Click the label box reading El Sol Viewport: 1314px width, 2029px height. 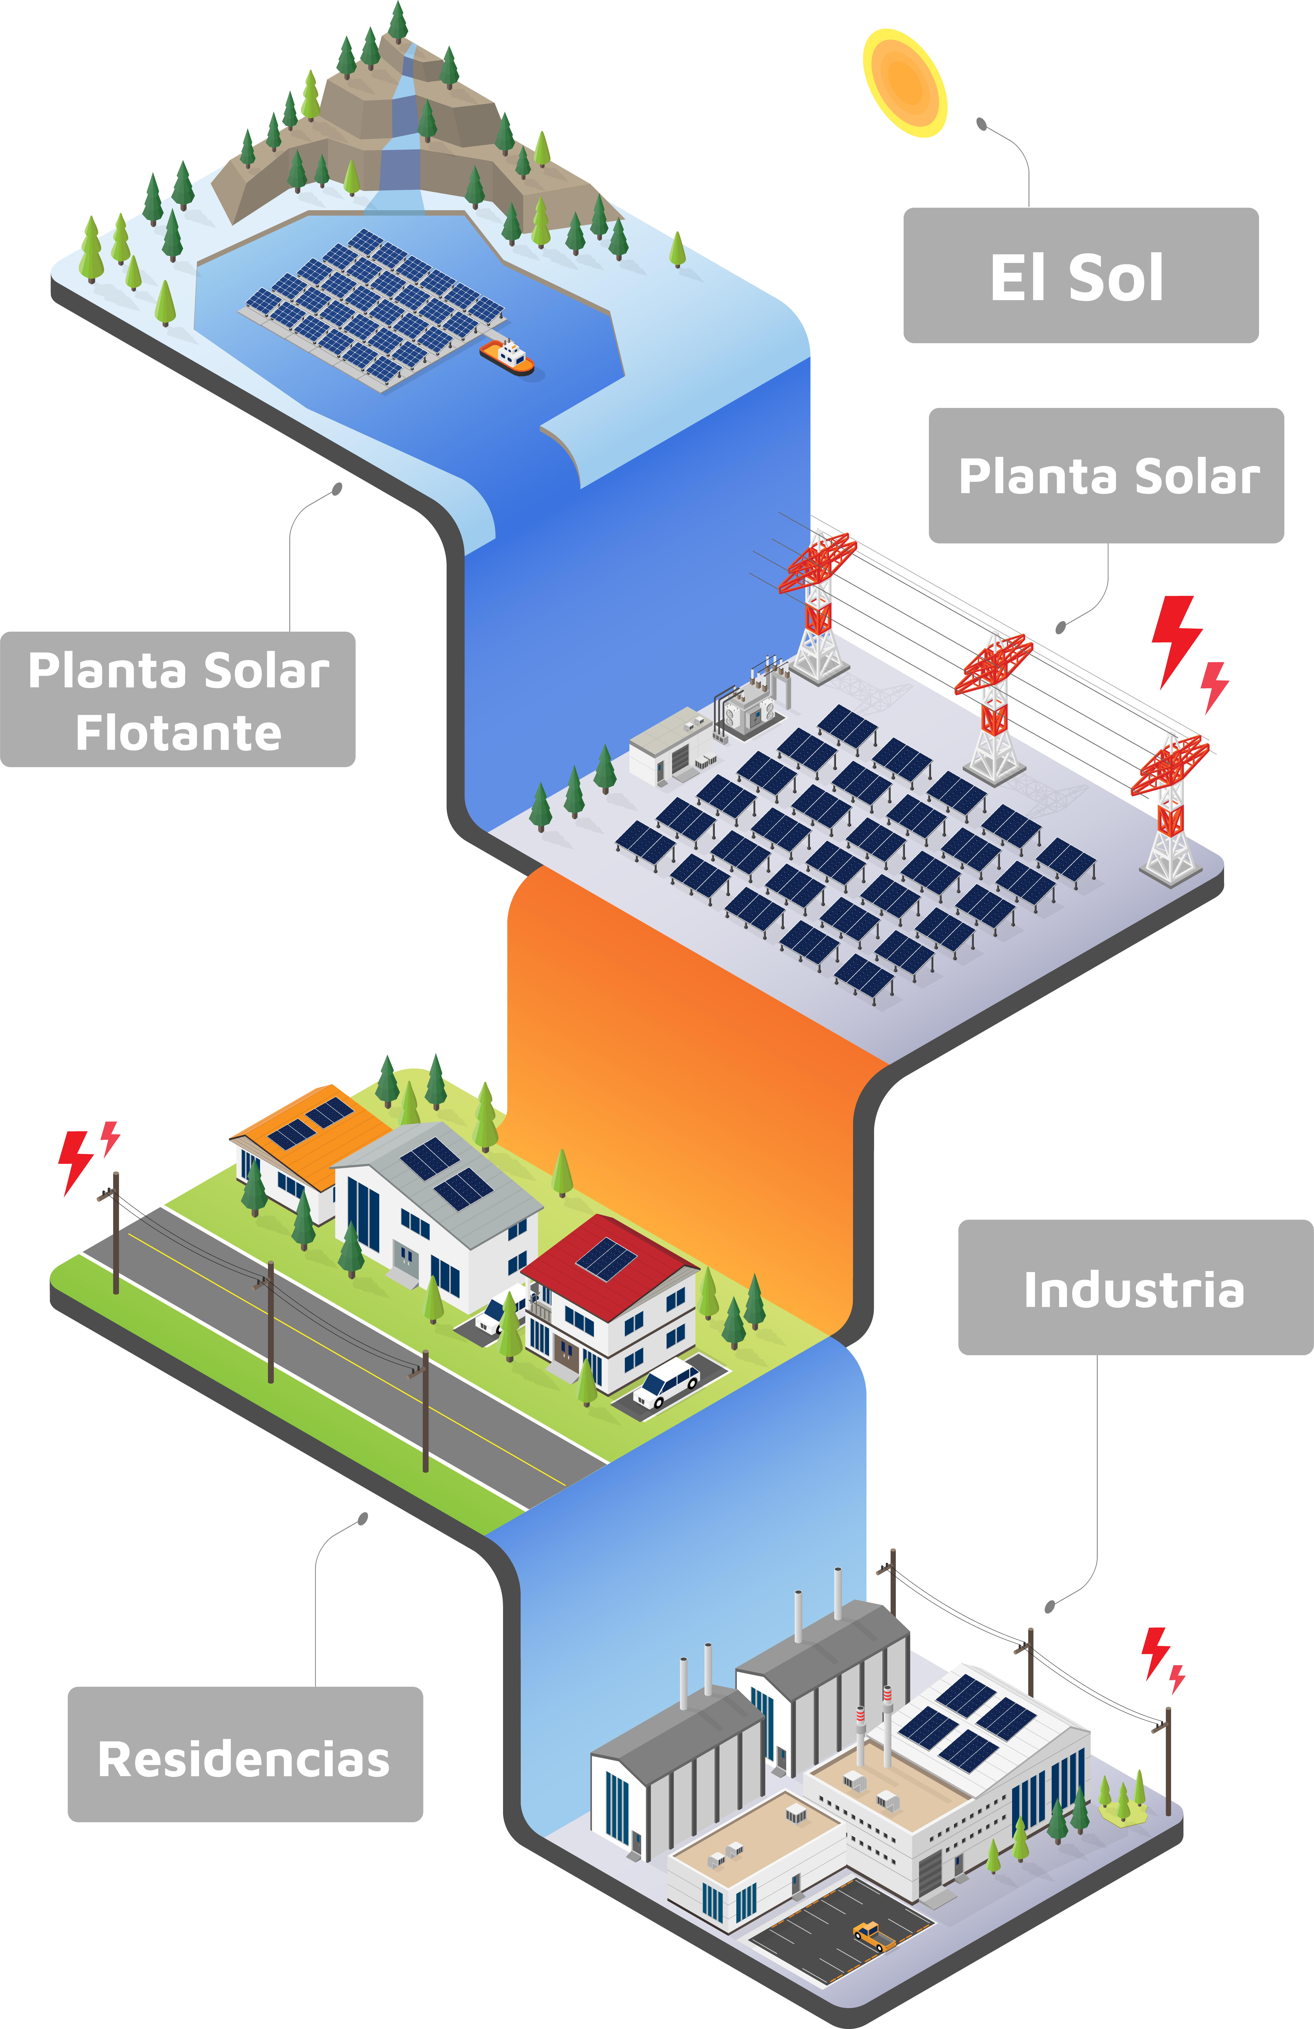[x=1080, y=275]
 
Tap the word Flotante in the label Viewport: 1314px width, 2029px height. [x=178, y=732]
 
